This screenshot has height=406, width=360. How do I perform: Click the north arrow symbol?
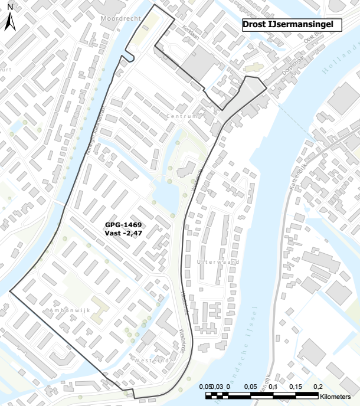click(10, 23)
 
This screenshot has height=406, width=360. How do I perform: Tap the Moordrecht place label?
click(121, 19)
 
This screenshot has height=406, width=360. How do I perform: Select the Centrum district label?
click(182, 116)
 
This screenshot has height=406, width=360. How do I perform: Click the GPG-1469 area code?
click(124, 225)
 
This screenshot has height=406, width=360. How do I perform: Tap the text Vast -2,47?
click(124, 234)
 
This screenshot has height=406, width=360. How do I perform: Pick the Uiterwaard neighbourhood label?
click(217, 260)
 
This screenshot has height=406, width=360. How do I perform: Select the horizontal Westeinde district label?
click(155, 359)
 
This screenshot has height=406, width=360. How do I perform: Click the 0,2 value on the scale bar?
click(318, 386)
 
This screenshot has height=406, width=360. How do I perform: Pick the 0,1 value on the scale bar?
click(273, 386)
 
